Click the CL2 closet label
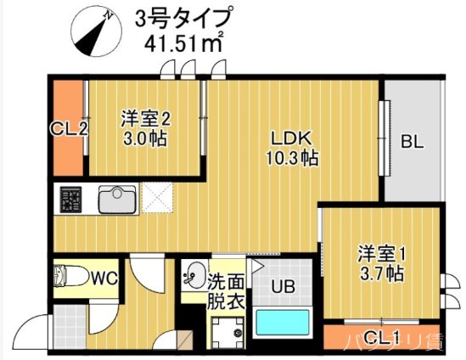[x=69, y=129]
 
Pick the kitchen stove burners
[x=70, y=200]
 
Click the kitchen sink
[x=117, y=200]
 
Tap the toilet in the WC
[x=70, y=277]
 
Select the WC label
[x=104, y=277]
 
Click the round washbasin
[x=193, y=276]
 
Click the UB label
[x=283, y=286]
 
